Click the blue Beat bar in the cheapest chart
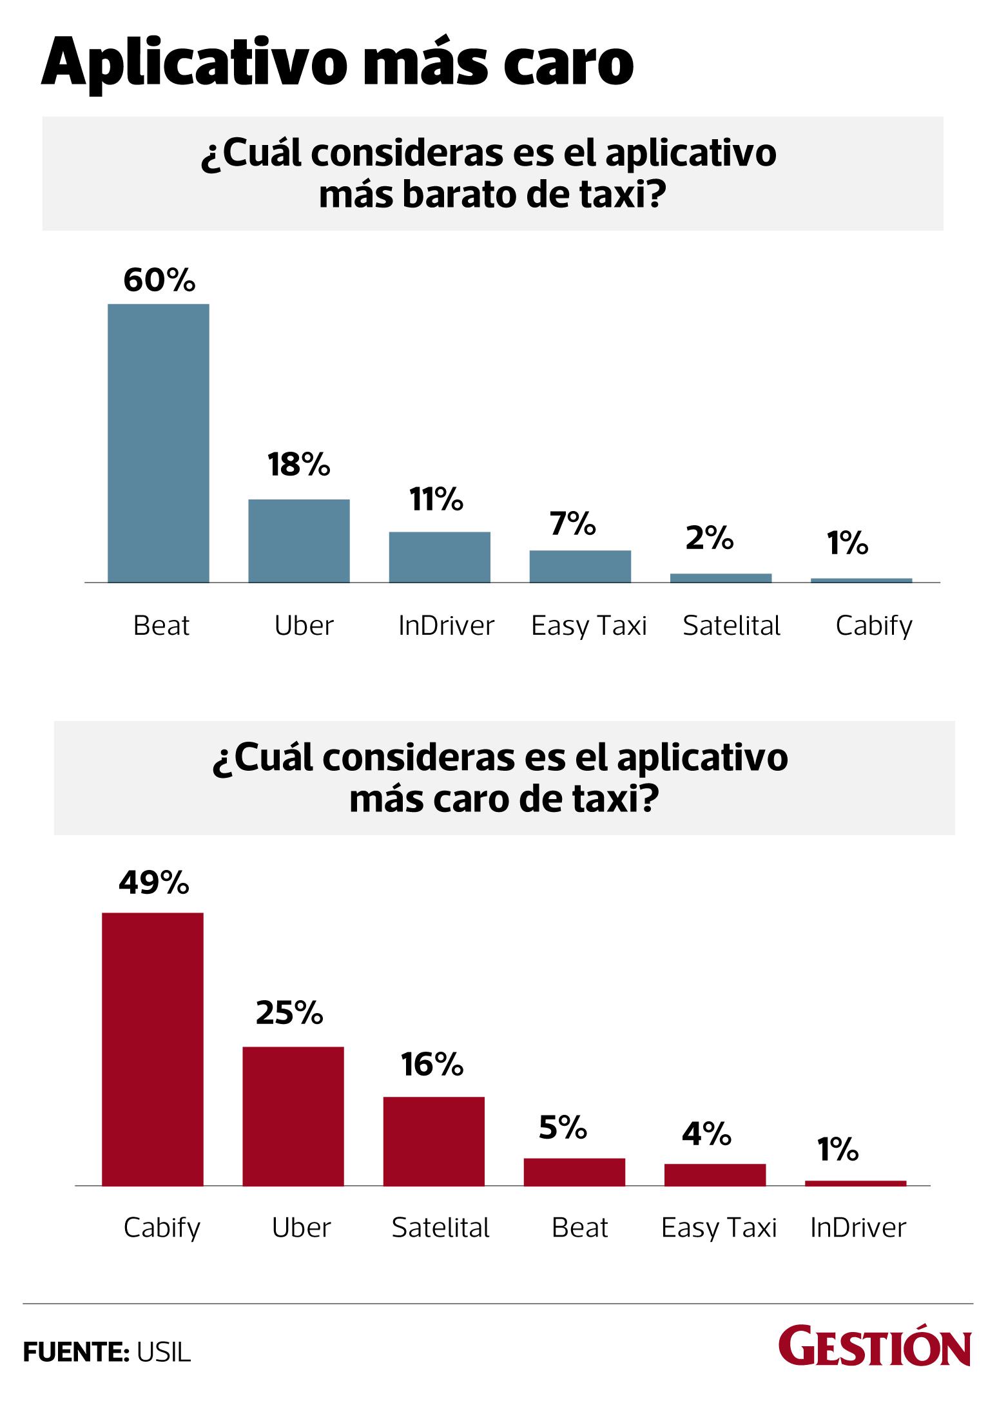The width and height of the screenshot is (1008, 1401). click(158, 443)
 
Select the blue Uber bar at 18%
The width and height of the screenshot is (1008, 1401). click(299, 541)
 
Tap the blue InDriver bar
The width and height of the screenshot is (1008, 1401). click(440, 557)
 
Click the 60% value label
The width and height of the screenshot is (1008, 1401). click(159, 280)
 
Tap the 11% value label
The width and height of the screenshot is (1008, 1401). click(436, 499)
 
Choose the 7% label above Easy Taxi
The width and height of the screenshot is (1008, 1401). click(573, 525)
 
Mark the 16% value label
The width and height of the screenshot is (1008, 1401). click(431, 1065)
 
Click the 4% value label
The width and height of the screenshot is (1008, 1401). click(706, 1134)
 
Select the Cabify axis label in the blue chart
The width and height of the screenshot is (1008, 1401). click(874, 626)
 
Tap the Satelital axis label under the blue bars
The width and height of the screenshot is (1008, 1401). click(732, 626)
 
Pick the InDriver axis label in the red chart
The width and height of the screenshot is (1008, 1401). click(858, 1228)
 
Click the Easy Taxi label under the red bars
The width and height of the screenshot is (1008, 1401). click(719, 1228)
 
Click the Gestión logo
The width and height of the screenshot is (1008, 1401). click(875, 1346)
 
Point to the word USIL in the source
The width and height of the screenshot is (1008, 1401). click(164, 1353)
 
